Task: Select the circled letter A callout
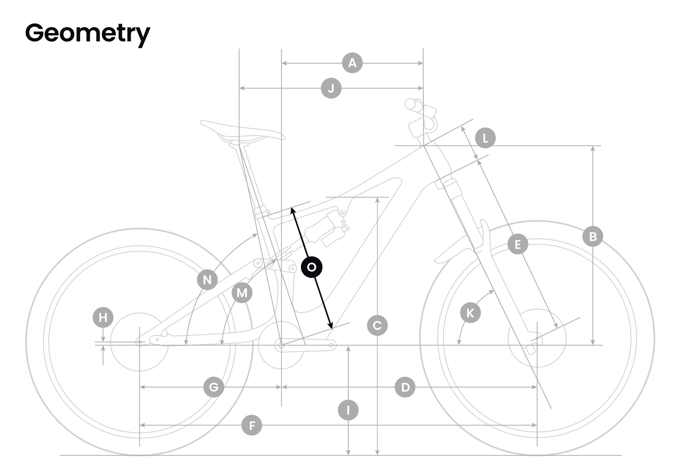[x=352, y=63]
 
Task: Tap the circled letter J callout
[x=331, y=88]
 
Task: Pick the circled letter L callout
[x=485, y=138]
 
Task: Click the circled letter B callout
[x=592, y=237]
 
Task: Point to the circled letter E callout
[x=517, y=244]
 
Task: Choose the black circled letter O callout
[x=312, y=267]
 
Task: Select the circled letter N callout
[x=207, y=280]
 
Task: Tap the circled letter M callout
[x=242, y=293]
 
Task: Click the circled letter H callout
[x=103, y=317]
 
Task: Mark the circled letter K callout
[x=470, y=313]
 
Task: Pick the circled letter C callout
[x=377, y=326]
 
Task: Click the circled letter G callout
[x=214, y=387]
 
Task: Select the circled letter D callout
[x=405, y=387]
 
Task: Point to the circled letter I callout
[x=348, y=410]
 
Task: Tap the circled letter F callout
[x=252, y=425]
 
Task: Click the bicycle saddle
[x=241, y=131]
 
